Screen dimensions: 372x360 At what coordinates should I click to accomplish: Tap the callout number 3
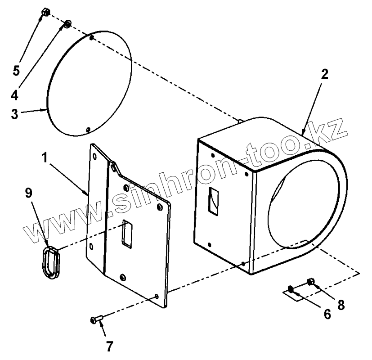pyautogui.click(x=15, y=113)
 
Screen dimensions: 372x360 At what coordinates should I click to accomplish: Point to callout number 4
pyautogui.click(x=15, y=95)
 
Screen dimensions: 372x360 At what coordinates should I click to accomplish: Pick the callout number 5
pyautogui.click(x=16, y=71)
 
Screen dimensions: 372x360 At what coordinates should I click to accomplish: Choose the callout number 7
pyautogui.click(x=109, y=346)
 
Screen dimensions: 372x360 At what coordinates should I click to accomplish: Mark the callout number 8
pyautogui.click(x=341, y=304)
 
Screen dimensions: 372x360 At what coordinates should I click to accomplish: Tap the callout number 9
pyautogui.click(x=28, y=194)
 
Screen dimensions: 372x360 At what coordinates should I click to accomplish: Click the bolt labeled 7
pyautogui.click(x=97, y=319)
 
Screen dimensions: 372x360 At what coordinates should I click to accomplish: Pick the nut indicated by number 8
pyautogui.click(x=310, y=282)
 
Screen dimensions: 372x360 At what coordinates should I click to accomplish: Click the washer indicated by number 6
pyautogui.click(x=291, y=288)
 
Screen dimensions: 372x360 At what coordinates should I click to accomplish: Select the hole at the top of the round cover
pyautogui.click(x=92, y=38)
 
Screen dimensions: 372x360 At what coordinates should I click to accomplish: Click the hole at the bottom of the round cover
pyautogui.click(x=88, y=130)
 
